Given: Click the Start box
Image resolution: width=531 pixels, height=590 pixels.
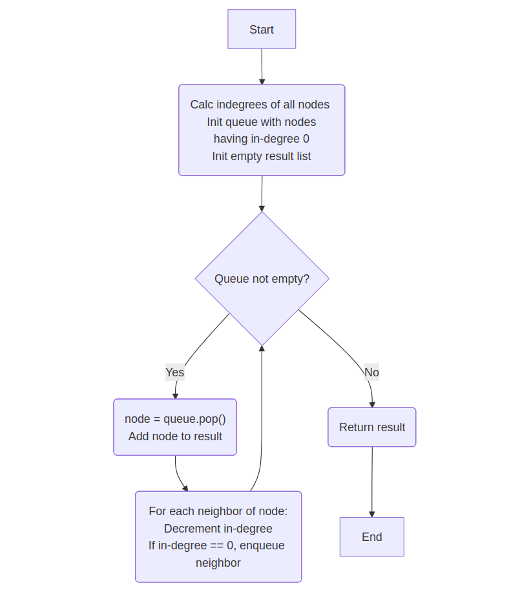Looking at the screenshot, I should coord(262,29).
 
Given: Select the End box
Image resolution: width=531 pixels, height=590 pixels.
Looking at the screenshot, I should coord(371,536).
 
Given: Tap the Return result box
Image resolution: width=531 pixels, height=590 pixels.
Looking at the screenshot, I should coord(372,427).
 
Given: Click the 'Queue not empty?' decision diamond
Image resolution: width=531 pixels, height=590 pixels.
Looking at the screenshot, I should coord(262,279).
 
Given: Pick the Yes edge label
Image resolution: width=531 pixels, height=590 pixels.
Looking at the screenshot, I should coord(175,372).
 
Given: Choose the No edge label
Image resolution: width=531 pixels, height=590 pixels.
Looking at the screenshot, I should coord(371,372).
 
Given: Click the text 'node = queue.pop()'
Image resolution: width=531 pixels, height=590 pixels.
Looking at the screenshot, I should coord(175,419).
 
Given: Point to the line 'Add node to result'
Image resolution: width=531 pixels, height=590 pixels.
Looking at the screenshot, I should coord(175,436).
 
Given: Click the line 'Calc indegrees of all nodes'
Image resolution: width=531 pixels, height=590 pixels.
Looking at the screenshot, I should coord(260,105).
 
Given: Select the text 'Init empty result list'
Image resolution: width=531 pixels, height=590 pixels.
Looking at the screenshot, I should coord(262,156).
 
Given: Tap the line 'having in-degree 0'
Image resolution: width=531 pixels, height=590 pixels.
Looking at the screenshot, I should coord(262,139).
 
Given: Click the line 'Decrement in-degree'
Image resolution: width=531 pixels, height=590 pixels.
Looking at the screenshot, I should coord(218,529).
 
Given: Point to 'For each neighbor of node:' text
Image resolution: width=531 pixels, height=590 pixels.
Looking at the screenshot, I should coord(218,511).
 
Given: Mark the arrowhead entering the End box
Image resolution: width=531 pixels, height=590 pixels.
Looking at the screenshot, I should coord(371,514).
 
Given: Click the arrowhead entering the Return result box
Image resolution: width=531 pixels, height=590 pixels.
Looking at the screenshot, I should coord(372,404).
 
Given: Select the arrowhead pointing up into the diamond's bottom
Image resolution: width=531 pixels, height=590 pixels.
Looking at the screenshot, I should coord(262,349).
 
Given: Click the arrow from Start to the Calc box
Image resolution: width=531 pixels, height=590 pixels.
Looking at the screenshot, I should coord(262,65).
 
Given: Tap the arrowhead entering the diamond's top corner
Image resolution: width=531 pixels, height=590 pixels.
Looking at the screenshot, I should coord(262,208).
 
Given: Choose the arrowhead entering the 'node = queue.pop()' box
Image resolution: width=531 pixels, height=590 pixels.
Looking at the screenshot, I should coord(175,395).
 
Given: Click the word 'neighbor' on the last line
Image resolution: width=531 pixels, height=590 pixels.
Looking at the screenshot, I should coord(218,563).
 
